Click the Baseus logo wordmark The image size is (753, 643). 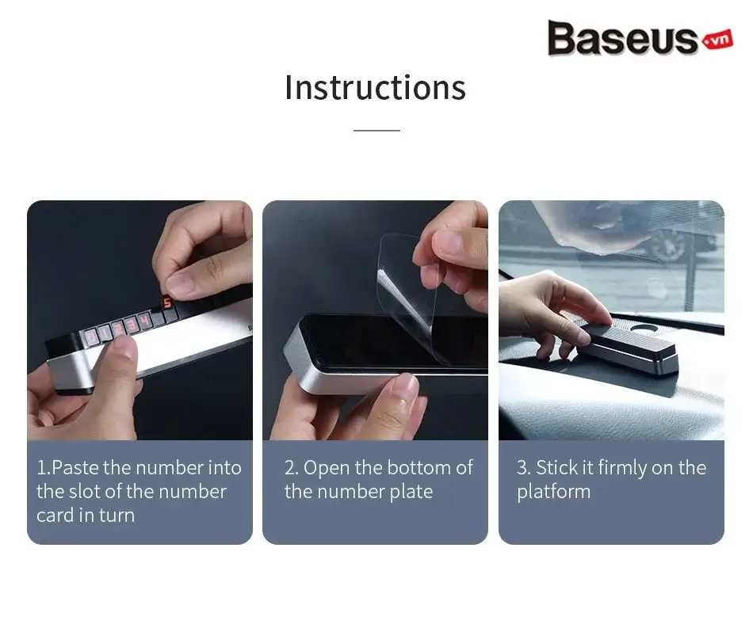623,38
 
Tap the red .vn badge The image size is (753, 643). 718,40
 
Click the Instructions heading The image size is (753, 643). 376,88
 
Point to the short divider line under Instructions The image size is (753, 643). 376,130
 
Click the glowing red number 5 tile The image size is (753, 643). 166,302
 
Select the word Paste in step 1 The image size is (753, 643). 75,468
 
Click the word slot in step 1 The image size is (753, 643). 85,492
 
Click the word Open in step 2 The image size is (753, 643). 327,468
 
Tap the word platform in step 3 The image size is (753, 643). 554,493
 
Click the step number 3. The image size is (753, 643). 522,468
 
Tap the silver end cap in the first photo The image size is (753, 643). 72,370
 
